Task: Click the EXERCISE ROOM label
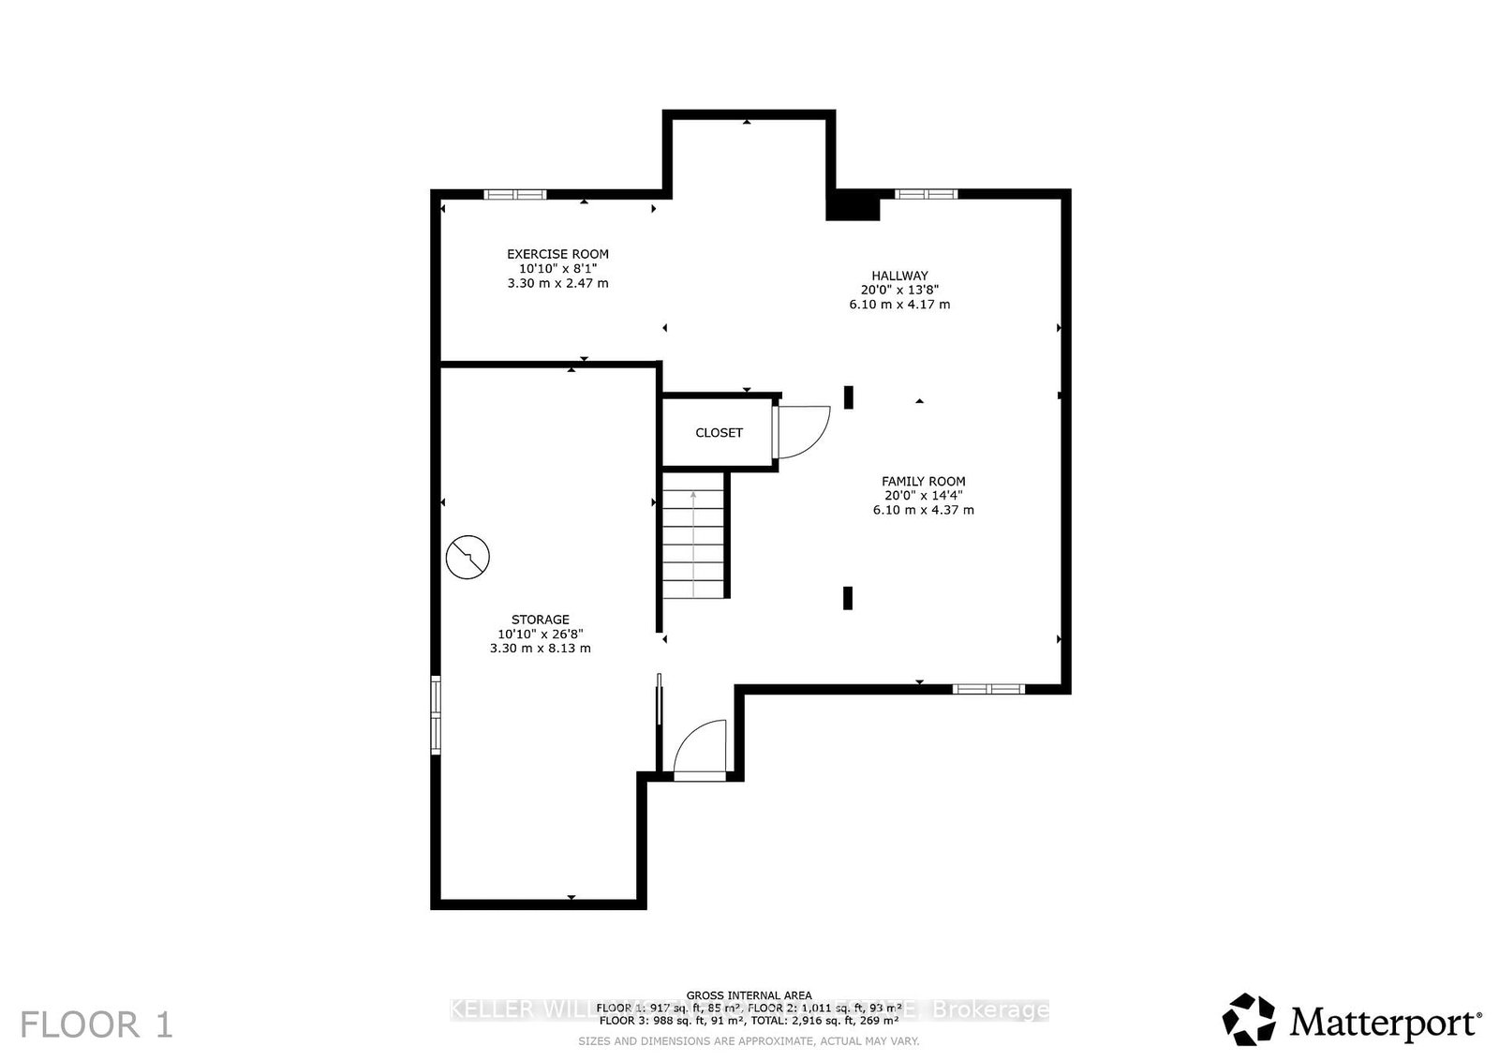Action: coord(557,254)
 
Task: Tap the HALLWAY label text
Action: coord(899,276)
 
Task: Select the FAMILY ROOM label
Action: coord(923,481)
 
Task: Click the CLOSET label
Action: coord(719,433)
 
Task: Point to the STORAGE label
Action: coord(540,620)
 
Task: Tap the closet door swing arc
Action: coord(806,431)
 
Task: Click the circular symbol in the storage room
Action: coord(468,558)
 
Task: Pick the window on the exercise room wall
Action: coord(514,195)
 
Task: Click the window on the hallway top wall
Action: coord(926,195)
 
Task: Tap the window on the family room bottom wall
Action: coord(988,689)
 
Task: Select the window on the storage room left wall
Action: coord(436,714)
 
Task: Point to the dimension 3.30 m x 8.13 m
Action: coord(540,649)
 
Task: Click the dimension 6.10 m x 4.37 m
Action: coord(923,511)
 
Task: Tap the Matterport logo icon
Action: coord(1249,1020)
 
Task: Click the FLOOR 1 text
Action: coord(96,1024)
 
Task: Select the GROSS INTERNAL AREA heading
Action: coord(749,995)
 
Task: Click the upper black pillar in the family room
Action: coord(849,397)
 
